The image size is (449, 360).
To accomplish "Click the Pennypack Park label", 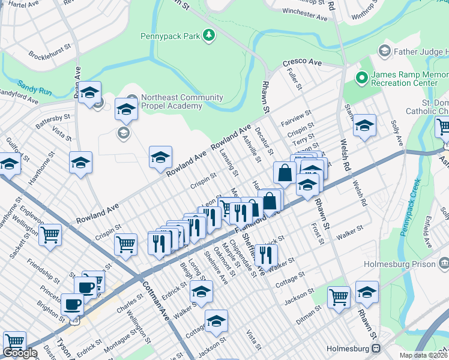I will [x=170, y=36].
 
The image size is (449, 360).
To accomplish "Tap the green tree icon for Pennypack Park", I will [x=209, y=36].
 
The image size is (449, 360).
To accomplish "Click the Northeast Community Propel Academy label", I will [x=172, y=102].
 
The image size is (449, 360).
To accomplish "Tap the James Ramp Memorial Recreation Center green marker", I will [x=361, y=77].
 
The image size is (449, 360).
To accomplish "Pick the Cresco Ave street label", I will [x=303, y=62].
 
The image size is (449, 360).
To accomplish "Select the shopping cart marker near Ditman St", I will [x=339, y=296].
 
